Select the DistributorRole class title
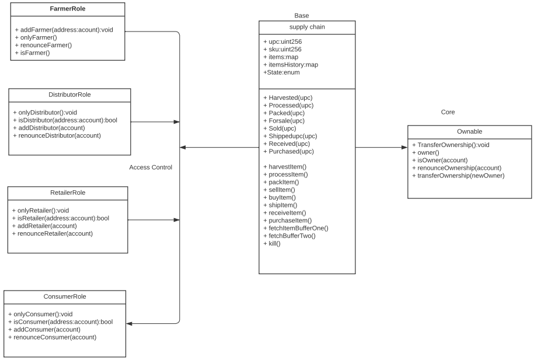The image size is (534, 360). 69,95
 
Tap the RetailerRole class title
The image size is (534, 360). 68,192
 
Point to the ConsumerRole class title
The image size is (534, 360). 64,296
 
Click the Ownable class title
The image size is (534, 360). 469,132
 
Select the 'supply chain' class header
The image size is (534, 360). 307,27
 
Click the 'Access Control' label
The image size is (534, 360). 151,167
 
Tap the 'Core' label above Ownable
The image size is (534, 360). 448,112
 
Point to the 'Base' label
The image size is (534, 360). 302,15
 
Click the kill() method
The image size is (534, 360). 272,243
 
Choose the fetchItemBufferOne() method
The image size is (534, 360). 296,228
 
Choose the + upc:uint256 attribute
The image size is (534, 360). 282,42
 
